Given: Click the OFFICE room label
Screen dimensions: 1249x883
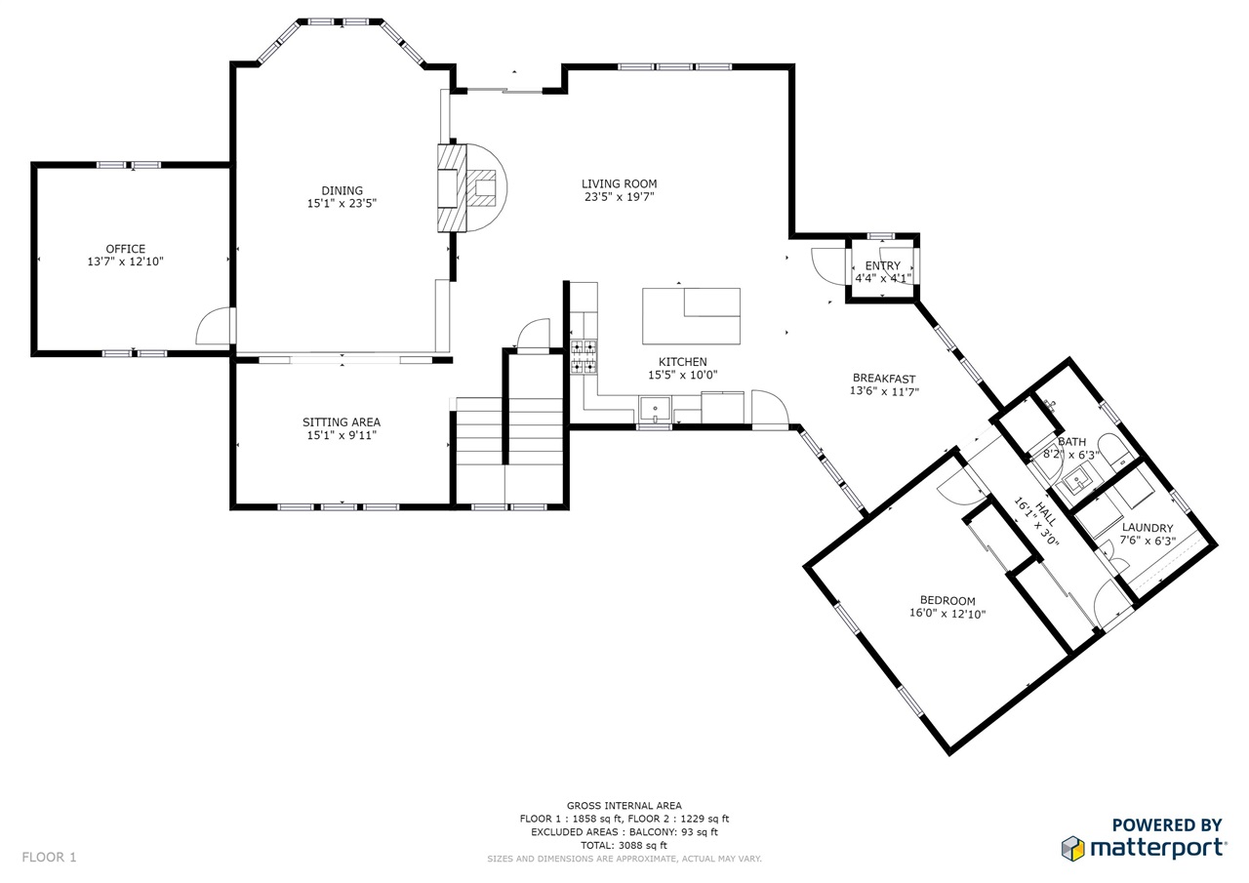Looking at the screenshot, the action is click(126, 249).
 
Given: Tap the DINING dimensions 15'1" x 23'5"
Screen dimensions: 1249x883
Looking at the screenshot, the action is click(342, 204).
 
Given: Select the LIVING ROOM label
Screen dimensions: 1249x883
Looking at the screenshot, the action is click(619, 183).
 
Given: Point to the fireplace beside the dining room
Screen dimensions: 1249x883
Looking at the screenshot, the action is click(471, 188).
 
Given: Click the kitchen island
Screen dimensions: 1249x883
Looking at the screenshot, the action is click(691, 316).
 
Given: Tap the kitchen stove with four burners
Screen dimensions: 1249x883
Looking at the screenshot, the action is click(584, 356).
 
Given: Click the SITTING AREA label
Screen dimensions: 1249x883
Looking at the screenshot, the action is click(342, 422).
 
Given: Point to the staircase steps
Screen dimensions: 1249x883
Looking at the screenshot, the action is click(509, 431).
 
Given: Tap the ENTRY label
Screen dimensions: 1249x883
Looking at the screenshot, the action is click(883, 265).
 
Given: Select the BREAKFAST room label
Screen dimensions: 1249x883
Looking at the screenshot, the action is click(884, 379).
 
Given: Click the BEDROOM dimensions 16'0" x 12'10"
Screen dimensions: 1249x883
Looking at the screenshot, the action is click(947, 614).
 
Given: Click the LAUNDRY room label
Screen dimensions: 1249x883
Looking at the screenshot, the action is click(1148, 527).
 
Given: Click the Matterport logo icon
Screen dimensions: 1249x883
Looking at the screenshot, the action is click(1072, 849).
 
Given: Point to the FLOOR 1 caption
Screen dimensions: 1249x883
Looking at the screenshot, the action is click(49, 857).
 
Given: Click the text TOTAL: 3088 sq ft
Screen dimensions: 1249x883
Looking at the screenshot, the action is click(624, 845).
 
